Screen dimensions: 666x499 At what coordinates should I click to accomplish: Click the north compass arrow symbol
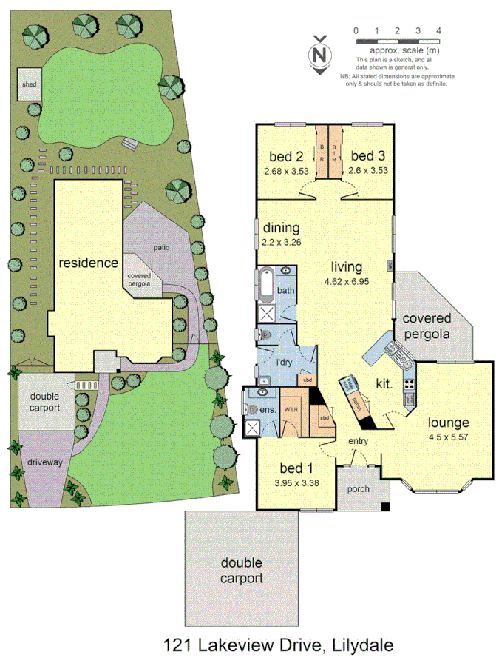click(x=320, y=55)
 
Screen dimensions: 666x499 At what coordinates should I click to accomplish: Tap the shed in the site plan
click(x=29, y=84)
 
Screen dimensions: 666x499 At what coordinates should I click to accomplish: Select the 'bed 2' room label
click(x=287, y=156)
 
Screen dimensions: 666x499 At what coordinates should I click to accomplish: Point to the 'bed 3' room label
click(x=368, y=156)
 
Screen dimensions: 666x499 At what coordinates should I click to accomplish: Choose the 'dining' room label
click(x=281, y=228)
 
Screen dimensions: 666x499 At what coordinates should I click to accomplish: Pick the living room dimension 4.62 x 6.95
click(x=346, y=282)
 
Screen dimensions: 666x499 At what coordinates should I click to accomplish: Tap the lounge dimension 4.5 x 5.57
click(x=449, y=437)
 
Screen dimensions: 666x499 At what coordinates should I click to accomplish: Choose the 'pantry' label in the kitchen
click(x=356, y=403)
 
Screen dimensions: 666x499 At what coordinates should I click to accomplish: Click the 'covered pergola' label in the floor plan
click(x=427, y=326)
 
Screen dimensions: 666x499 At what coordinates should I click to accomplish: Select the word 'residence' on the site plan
click(x=89, y=263)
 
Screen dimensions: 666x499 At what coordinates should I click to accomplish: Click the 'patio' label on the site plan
click(x=162, y=248)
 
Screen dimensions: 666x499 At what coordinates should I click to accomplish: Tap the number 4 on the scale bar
click(x=439, y=30)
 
